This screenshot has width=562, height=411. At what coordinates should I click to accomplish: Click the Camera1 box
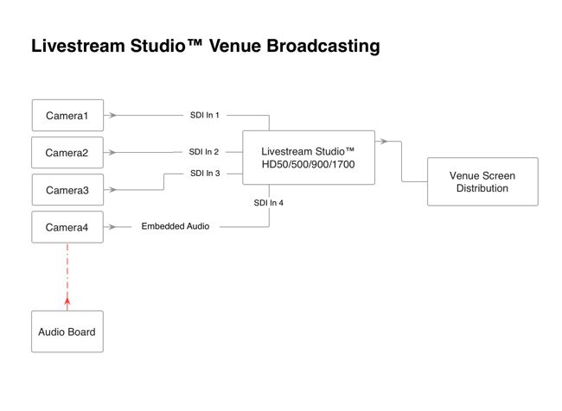67,116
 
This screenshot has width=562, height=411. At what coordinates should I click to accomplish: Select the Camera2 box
67,153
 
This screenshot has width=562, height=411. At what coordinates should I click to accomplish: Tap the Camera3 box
67,190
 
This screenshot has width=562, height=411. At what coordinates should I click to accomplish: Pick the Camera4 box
67,227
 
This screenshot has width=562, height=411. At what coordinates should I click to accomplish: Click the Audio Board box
67,332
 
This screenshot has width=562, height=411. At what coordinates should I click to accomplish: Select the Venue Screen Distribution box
482,181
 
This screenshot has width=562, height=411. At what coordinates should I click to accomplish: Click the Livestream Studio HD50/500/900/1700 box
309,158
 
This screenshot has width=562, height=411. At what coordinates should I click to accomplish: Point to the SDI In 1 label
205,115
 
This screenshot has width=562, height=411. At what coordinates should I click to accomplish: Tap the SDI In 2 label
204,152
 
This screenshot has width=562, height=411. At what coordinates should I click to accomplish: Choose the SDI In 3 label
205,174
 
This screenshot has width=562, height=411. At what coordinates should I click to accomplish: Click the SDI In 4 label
268,202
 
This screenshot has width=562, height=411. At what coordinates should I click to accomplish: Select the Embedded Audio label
176,226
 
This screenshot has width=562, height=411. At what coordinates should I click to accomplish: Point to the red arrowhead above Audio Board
67,301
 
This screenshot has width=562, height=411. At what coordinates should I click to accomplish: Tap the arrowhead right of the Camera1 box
113,115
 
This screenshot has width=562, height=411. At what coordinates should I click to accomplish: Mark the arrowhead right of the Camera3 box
113,189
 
